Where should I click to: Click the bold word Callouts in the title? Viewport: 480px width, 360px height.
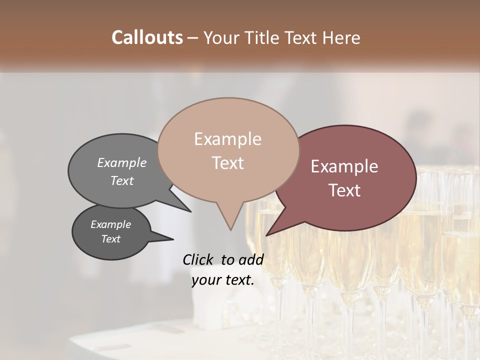coord(147,37)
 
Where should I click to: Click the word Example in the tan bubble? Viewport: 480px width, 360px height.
coord(227,139)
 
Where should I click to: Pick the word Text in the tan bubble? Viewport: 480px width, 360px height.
coord(227,163)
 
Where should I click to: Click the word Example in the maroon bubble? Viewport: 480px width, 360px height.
coord(344,166)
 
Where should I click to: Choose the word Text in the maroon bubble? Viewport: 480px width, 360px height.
coord(344,190)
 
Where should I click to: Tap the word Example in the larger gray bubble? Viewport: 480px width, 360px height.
coord(121,162)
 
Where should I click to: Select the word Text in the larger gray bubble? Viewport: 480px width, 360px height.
coord(121,180)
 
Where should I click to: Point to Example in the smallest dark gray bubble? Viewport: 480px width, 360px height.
coord(110,224)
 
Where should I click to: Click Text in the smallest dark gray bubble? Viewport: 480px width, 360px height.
coord(110,239)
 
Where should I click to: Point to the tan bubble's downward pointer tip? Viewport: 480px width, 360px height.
coord(230,230)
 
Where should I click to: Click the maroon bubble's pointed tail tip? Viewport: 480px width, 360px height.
coord(266,235)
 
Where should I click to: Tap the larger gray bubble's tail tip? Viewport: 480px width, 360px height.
coord(191,211)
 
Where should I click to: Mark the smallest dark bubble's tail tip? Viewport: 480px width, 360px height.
coord(173,239)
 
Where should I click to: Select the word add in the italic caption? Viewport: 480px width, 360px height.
coord(251,259)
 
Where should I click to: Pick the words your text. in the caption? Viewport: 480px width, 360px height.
coord(222,280)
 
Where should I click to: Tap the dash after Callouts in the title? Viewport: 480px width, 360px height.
coord(192,38)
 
